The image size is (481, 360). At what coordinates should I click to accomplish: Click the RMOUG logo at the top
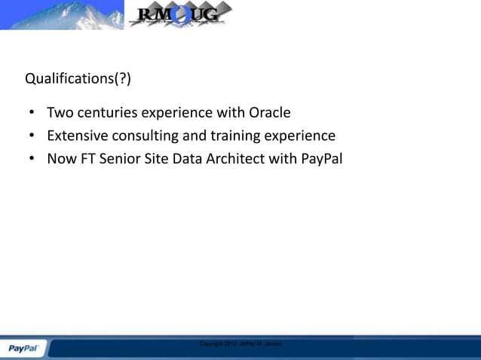pyautogui.click(x=179, y=14)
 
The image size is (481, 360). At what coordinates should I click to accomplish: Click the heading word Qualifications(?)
pyautogui.click(x=72, y=78)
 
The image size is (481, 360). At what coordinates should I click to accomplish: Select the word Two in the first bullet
pyautogui.click(x=59, y=113)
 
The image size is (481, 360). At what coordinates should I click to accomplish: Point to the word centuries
pyautogui.click(x=106, y=113)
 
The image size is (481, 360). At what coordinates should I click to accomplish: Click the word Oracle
pyautogui.click(x=270, y=113)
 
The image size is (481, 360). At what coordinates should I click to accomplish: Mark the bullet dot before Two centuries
pyautogui.click(x=31, y=114)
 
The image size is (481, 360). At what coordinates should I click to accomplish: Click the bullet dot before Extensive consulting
pyautogui.click(x=31, y=137)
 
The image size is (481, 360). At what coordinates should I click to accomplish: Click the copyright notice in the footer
pyautogui.click(x=240, y=343)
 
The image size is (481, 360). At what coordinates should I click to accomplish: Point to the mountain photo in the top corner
pyautogui.click(x=60, y=14)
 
